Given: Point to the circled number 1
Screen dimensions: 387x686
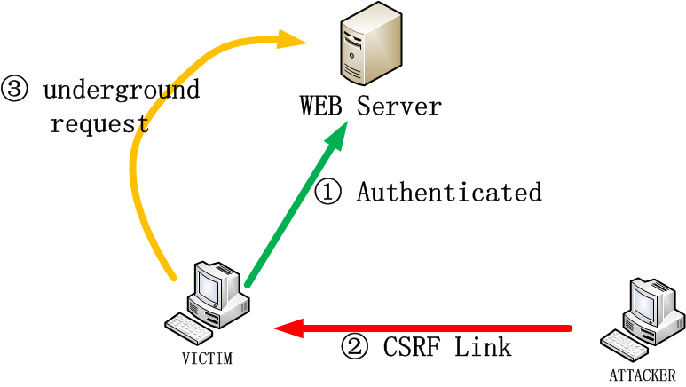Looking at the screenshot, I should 327,193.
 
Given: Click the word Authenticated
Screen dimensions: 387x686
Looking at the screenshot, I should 449,193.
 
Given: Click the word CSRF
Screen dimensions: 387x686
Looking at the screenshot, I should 410,347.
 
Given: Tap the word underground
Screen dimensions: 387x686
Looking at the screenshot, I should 122,91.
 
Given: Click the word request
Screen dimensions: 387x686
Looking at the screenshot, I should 99,123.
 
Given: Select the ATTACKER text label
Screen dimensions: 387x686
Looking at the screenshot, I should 642,375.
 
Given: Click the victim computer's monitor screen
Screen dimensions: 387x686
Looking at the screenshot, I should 209,286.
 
